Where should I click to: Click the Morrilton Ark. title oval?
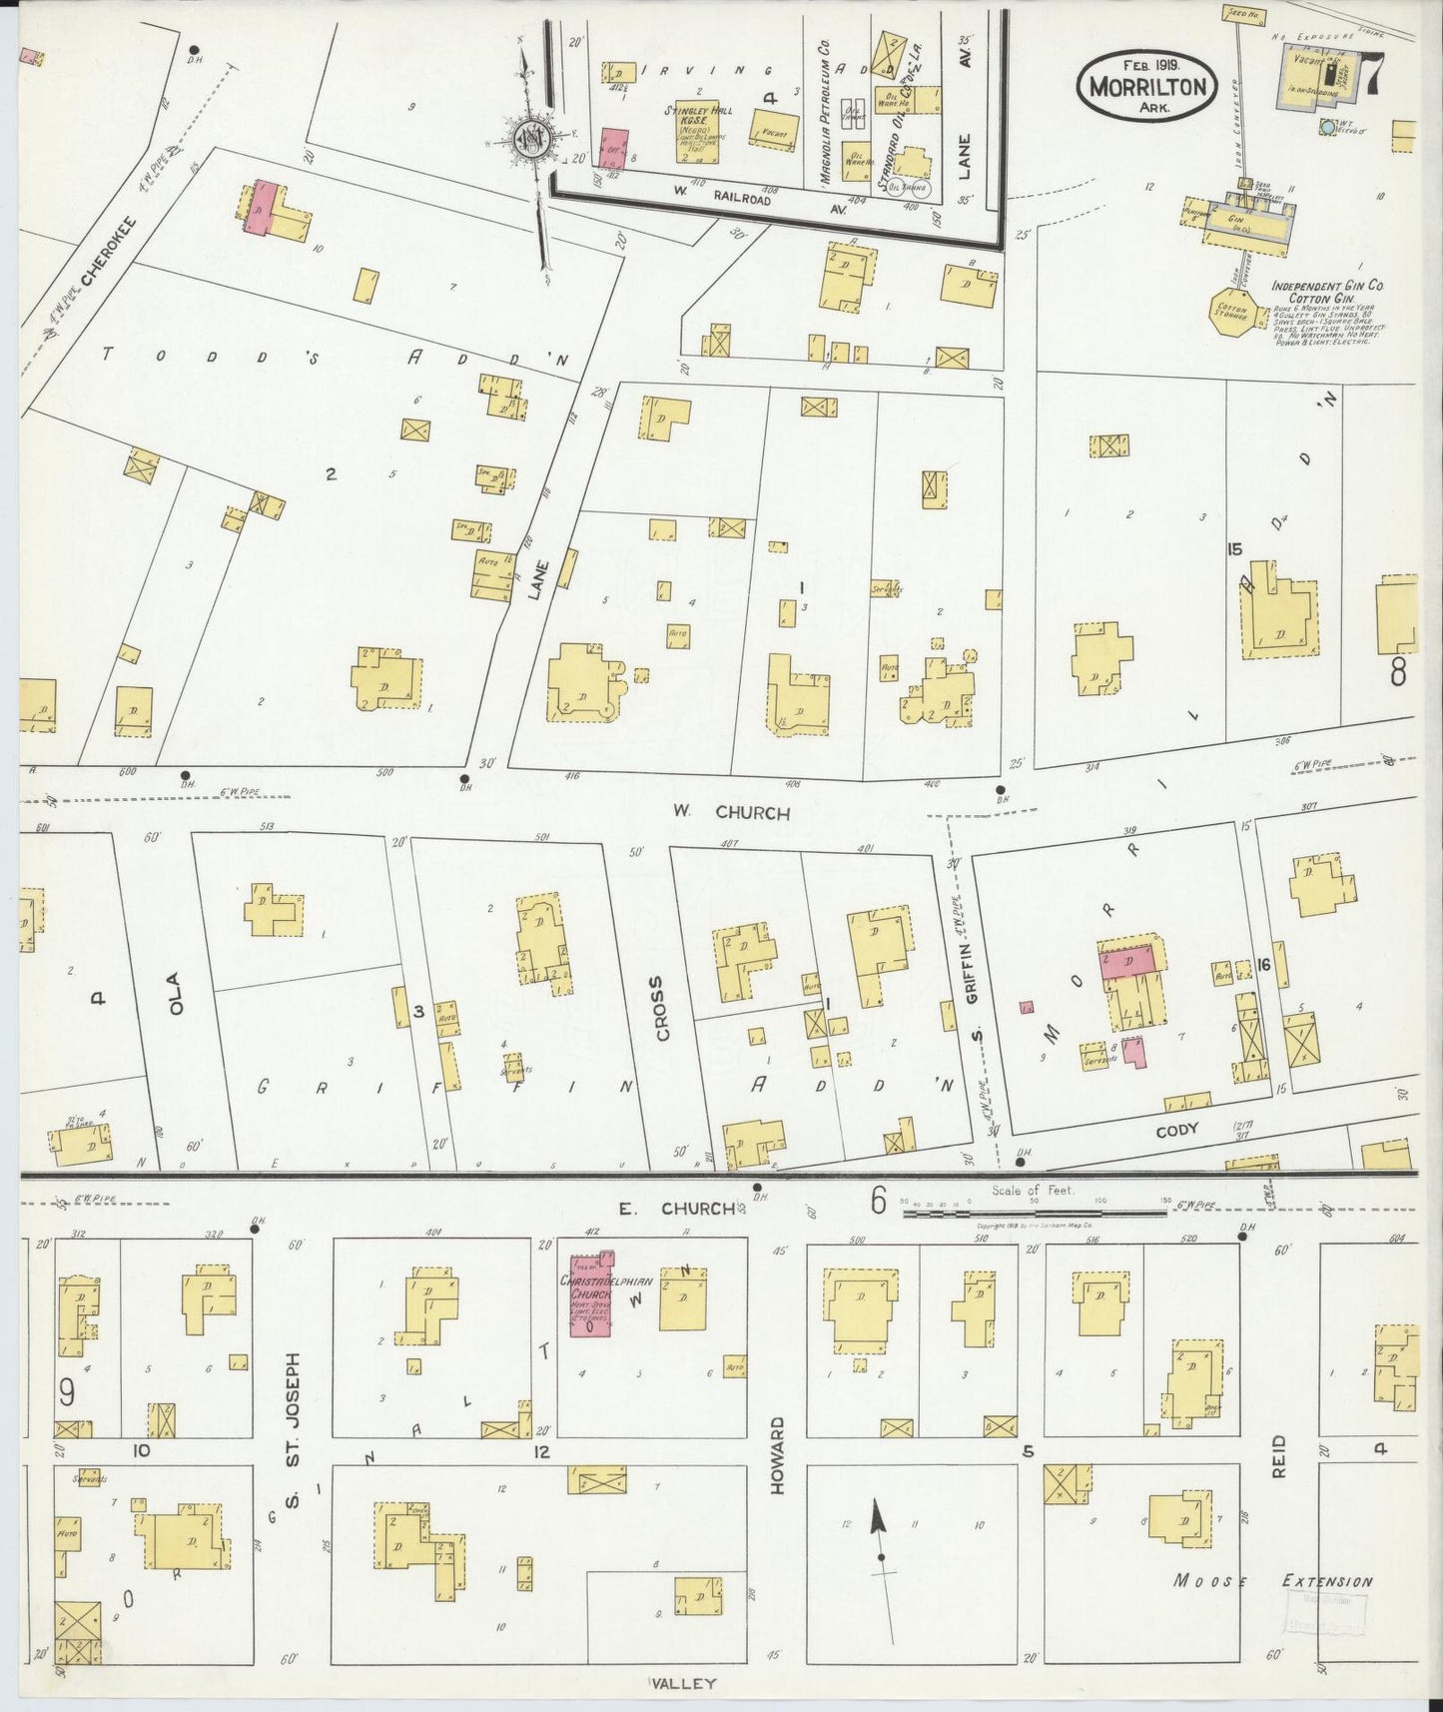1146,85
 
